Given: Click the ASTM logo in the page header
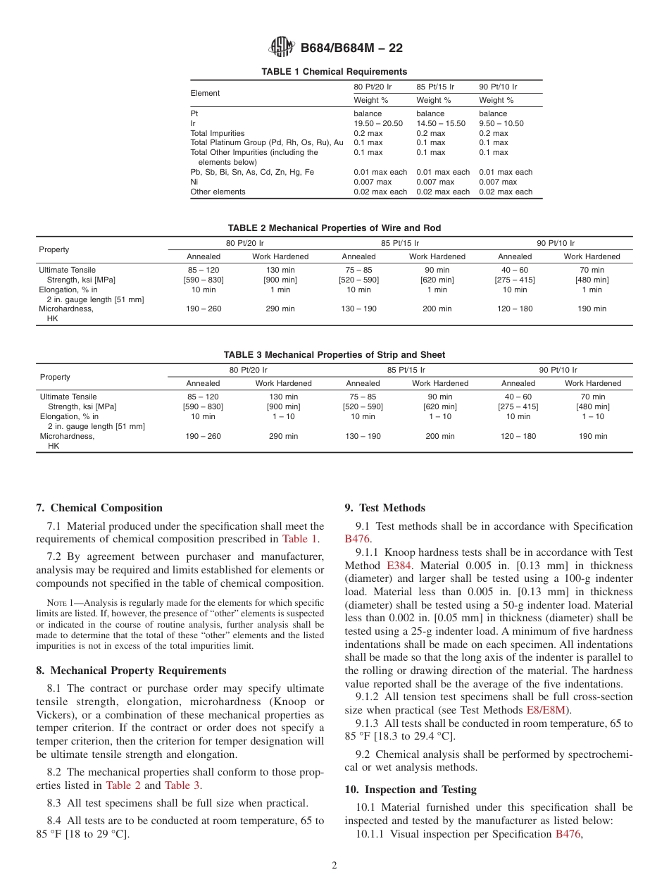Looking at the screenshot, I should [x=282, y=48].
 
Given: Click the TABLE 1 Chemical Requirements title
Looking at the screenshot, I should [x=334, y=72].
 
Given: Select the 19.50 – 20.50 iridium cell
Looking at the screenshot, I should [x=377, y=123].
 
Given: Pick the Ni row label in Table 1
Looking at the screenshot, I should [x=194, y=182].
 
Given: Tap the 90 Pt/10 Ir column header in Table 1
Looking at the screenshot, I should [x=498, y=87].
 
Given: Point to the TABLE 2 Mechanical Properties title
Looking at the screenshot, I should [x=334, y=228].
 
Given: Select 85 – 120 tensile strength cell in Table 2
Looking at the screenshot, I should [x=204, y=270].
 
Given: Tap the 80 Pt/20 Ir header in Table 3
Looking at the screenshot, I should [x=248, y=370].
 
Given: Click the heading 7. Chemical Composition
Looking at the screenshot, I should [x=99, y=508].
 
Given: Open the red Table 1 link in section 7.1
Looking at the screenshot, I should [x=299, y=539].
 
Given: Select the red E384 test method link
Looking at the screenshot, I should [x=399, y=566].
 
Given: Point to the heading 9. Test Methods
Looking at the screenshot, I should [x=384, y=508].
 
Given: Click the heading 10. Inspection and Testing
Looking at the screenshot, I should [x=410, y=790].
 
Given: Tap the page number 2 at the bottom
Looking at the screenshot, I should [x=334, y=866].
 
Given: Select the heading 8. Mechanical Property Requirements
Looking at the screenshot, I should [x=131, y=671].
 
